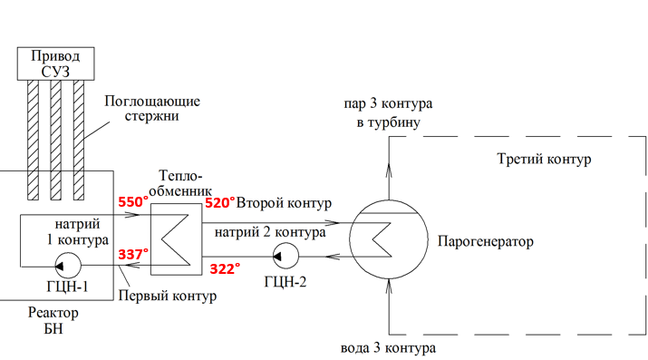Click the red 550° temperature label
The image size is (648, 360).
(x=133, y=202)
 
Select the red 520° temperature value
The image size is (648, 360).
(x=220, y=203)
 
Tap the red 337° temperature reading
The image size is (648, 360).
(x=133, y=254)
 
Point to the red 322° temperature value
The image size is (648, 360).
(x=225, y=269)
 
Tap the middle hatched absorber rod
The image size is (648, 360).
(x=56, y=141)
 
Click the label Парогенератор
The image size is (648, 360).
(x=486, y=241)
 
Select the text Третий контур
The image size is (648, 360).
(x=544, y=159)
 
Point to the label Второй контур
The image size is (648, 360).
(x=284, y=203)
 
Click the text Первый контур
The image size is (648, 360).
(x=168, y=296)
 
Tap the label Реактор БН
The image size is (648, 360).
(x=53, y=320)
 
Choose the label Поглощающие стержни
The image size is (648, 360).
(x=152, y=108)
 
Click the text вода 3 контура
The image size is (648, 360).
(x=388, y=348)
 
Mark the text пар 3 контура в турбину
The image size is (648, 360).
(x=388, y=112)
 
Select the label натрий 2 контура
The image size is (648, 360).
(x=270, y=232)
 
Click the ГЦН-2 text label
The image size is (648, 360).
(x=285, y=282)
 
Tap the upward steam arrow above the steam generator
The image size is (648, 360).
(x=389, y=169)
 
